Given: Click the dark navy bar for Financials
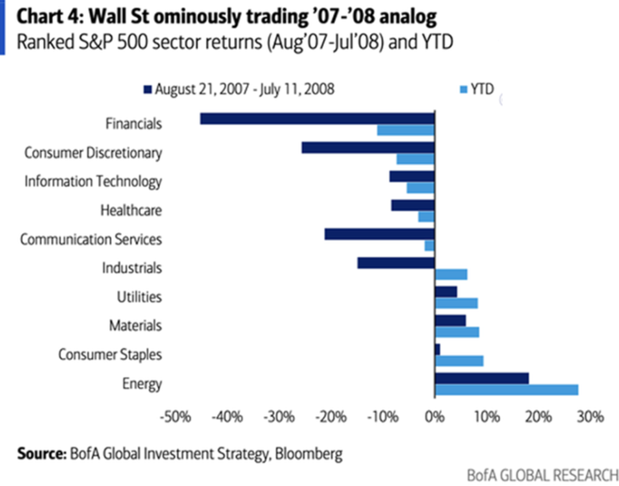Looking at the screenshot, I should [x=317, y=119].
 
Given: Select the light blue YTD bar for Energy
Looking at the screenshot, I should [x=506, y=390].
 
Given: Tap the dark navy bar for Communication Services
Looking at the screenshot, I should [x=379, y=234].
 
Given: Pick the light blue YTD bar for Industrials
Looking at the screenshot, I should [x=451, y=275].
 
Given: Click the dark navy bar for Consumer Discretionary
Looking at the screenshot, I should [x=368, y=147].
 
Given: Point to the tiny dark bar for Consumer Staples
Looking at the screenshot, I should [x=437, y=349].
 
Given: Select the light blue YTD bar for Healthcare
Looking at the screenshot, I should [x=426, y=217].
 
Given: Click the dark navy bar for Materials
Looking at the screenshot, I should [x=450, y=320].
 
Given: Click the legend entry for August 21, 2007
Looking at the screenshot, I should [x=238, y=89].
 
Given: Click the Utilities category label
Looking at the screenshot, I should [x=139, y=297].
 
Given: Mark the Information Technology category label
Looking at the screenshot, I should [x=93, y=182].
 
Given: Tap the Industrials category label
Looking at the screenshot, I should [x=132, y=268].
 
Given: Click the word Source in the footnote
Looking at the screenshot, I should [x=41, y=454].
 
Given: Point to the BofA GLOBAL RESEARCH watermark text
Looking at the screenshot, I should [x=542, y=475].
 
